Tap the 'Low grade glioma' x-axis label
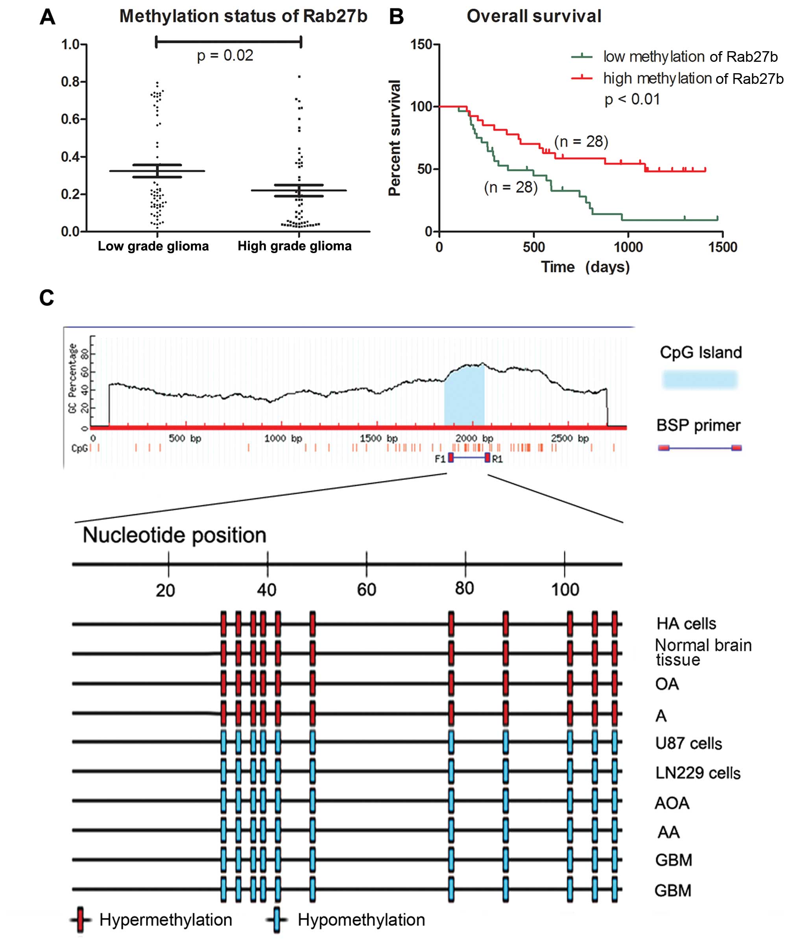point(153,246)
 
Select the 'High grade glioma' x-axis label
point(294,246)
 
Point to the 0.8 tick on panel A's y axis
point(70,82)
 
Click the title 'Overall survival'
point(533,16)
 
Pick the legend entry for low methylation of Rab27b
point(690,57)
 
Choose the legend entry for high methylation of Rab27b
point(692,78)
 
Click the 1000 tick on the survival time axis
point(628,247)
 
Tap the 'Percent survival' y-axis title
point(395,138)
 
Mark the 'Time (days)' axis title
point(585,267)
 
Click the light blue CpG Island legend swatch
point(700,379)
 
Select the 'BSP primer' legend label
point(698,425)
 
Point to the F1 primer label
point(440,459)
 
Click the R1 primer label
point(497,459)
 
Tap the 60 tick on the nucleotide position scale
point(366,589)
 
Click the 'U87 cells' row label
point(688,744)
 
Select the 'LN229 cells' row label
point(698,773)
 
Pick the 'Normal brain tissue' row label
point(702,652)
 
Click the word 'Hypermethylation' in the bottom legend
point(165,920)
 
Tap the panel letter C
point(47,298)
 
